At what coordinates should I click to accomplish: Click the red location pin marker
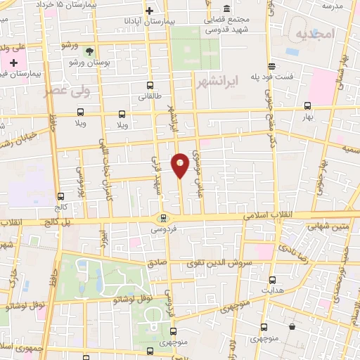pos(180,164)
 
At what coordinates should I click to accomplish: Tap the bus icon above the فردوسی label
pos(163,217)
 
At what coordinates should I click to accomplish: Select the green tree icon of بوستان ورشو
pos(89,51)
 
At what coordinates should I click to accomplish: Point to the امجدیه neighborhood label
pos(313,34)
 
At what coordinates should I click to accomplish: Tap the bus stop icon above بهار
pos(307,106)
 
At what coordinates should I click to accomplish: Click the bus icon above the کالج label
pos(60,197)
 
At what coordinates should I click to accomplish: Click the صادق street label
pos(156,262)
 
